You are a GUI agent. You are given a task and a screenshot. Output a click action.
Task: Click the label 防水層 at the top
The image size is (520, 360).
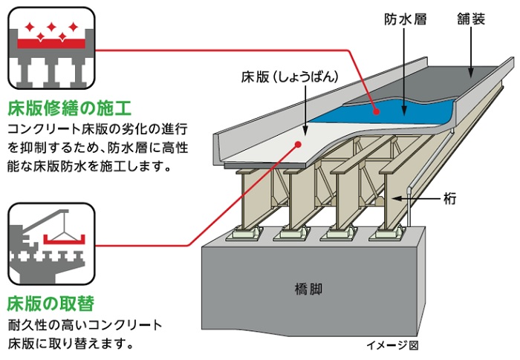click(406, 19)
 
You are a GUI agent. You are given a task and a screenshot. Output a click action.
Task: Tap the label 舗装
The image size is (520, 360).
click(471, 19)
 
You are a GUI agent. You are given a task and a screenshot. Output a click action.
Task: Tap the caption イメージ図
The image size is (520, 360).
click(393, 345)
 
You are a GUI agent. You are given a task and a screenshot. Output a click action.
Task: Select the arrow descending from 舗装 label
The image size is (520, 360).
click(471, 52)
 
